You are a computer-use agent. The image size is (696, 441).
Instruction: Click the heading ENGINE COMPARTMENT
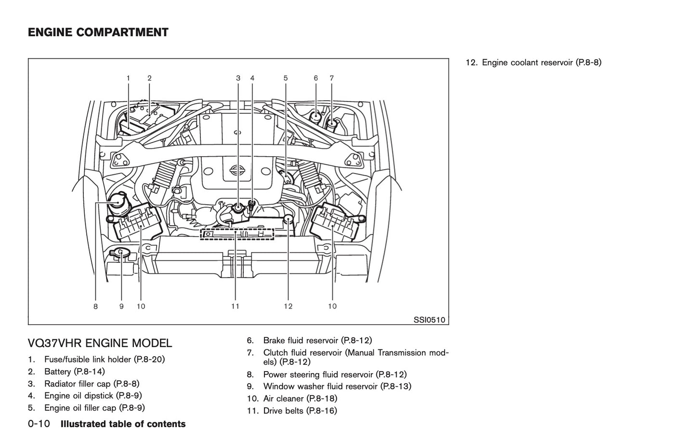[x=98, y=33]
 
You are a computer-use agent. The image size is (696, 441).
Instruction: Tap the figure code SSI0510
[x=429, y=320]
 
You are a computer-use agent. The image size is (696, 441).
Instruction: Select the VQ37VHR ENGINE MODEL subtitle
[x=100, y=343]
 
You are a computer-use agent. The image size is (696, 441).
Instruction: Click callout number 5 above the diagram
[x=286, y=78]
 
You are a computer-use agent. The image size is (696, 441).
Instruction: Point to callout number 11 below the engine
[x=235, y=306]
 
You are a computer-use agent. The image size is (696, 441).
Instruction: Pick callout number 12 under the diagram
[x=288, y=306]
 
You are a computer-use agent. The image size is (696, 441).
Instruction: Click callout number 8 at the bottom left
[x=95, y=306]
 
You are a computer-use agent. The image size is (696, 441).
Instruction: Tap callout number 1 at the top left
[x=128, y=78]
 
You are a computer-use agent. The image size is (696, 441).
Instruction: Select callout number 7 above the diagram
[x=331, y=78]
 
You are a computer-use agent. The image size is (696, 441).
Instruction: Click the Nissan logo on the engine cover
[x=237, y=170]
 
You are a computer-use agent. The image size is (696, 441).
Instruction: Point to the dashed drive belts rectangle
[x=237, y=234]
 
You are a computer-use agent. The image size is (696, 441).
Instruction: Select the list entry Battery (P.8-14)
[x=74, y=372]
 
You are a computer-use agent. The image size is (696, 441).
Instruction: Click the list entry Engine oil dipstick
[x=92, y=396]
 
